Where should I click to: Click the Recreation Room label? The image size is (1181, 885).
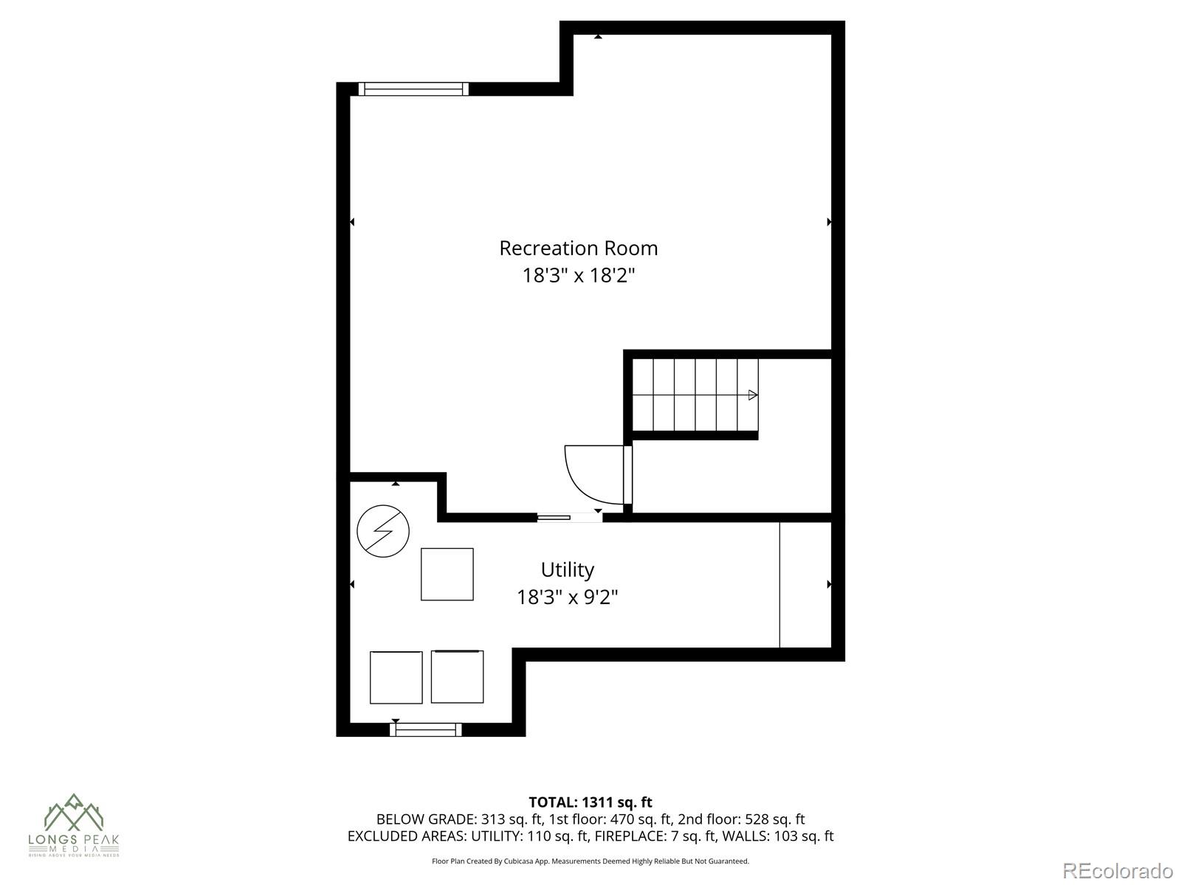tap(578, 249)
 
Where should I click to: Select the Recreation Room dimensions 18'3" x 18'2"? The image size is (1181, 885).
tap(578, 276)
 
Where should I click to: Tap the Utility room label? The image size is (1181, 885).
tap(567, 570)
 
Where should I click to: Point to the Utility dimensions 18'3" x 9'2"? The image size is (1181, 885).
tap(567, 597)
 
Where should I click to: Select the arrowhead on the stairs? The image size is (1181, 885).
tap(753, 395)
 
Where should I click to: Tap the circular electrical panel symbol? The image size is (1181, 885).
tap(383, 531)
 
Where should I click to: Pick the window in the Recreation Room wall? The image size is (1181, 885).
tap(413, 89)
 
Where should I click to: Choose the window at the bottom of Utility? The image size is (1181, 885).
tap(426, 729)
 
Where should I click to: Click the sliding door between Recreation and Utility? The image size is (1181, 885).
tap(569, 518)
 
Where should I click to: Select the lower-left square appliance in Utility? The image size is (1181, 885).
tap(396, 677)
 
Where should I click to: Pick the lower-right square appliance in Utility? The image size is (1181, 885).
tap(457, 676)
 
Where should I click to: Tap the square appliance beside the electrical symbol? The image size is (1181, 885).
tap(447, 574)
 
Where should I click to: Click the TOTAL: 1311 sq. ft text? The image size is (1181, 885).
tap(590, 802)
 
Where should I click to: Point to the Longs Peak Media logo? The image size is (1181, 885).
tap(74, 825)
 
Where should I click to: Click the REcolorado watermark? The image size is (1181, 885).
tap(1118, 870)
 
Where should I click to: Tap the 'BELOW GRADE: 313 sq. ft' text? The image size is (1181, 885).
tap(459, 819)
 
